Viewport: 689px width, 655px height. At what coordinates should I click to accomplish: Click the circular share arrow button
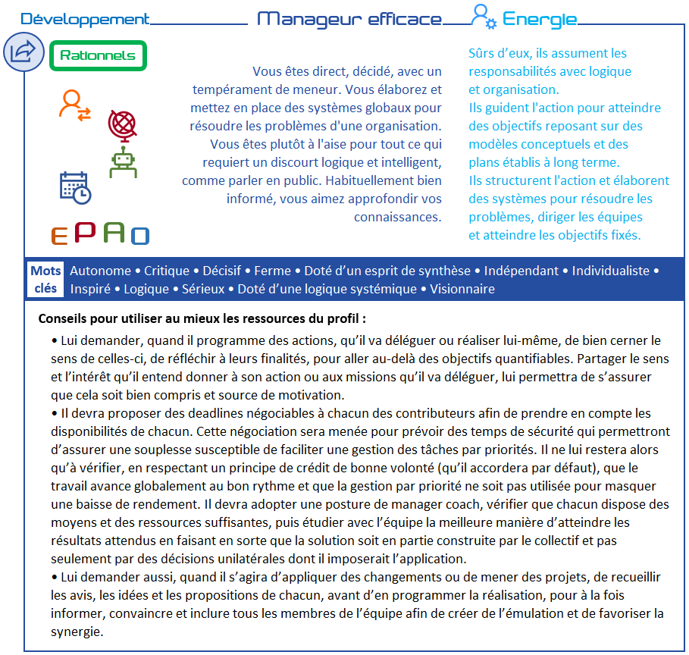pos(23,52)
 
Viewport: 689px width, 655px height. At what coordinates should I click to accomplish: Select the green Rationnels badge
pos(98,56)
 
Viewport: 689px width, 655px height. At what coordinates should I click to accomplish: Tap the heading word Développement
pos(85,20)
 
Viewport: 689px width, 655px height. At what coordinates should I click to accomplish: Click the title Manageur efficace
pos(349,20)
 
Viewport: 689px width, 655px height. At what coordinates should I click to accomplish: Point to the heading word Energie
pos(540,20)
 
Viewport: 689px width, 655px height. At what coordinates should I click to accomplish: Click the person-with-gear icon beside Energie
pos(483,17)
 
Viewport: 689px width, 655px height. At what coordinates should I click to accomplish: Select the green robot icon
pos(123,163)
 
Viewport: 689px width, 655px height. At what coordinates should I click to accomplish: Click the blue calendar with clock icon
pos(75,187)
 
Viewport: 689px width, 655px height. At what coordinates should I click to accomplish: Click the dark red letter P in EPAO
pos(85,232)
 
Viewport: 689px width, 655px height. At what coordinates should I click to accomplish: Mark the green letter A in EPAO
pos(114,232)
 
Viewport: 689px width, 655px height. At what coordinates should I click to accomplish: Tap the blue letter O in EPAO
pos(140,236)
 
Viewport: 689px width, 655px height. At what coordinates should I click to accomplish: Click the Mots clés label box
pos(45,279)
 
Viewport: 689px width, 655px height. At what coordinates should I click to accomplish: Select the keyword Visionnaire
pos(462,289)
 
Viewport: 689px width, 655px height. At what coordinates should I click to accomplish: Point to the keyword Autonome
pos(100,271)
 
